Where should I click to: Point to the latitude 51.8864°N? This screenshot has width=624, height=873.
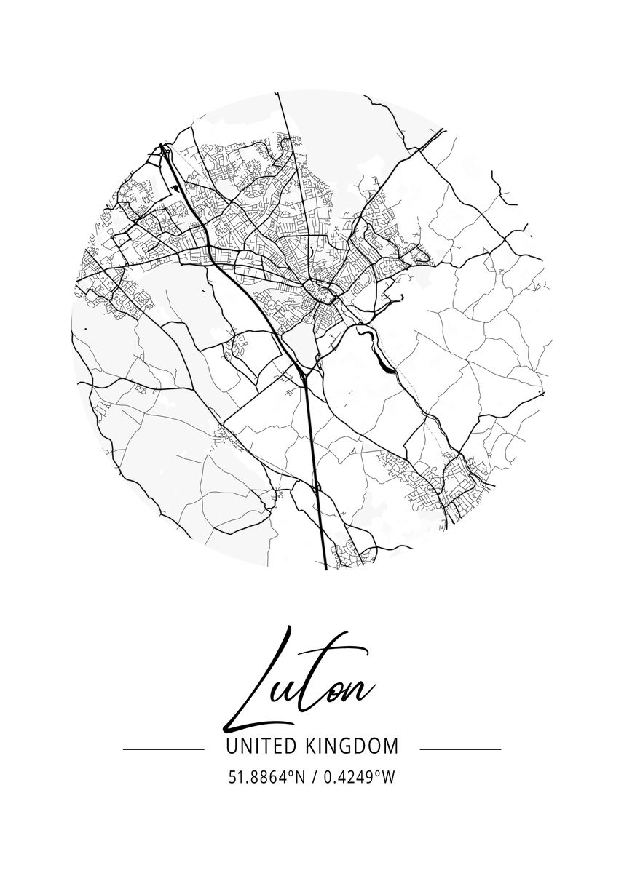pyautogui.click(x=266, y=778)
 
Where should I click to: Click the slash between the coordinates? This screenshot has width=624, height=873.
pyautogui.click(x=314, y=778)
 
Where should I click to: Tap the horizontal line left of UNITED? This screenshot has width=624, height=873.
pyautogui.click(x=163, y=749)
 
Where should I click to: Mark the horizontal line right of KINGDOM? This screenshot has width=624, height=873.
pyautogui.click(x=461, y=749)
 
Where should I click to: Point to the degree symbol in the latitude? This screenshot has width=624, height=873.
pyautogui.click(x=291, y=773)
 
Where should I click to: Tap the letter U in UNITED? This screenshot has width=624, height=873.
pyautogui.click(x=232, y=746)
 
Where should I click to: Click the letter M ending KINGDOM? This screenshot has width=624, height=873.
pyautogui.click(x=391, y=746)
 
